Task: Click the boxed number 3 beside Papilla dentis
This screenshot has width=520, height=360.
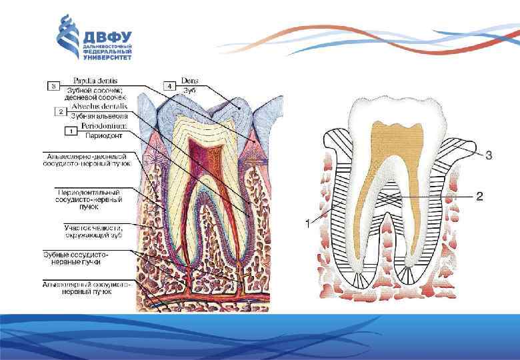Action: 53,86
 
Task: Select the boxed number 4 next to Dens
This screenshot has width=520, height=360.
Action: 170,86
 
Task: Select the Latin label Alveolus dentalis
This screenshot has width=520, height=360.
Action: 100,107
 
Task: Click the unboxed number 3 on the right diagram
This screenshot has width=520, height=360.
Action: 489,155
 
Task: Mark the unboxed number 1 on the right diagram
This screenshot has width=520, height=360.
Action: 307,225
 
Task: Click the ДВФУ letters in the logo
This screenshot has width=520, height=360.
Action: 107,37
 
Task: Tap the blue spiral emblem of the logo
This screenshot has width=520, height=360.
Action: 68,37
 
